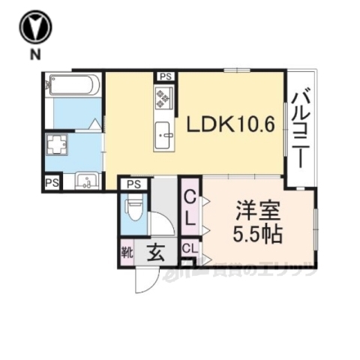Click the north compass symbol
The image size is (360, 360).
click(34, 28)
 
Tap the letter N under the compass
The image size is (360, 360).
click(34, 55)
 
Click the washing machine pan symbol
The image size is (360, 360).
click(57, 143)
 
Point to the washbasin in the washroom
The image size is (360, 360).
click(88, 181)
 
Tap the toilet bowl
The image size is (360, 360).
click(136, 207)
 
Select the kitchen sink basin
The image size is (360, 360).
click(164, 136)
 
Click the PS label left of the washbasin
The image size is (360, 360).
click(52, 182)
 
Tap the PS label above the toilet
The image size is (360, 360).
click(134, 184)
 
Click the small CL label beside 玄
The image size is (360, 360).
click(188, 247)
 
